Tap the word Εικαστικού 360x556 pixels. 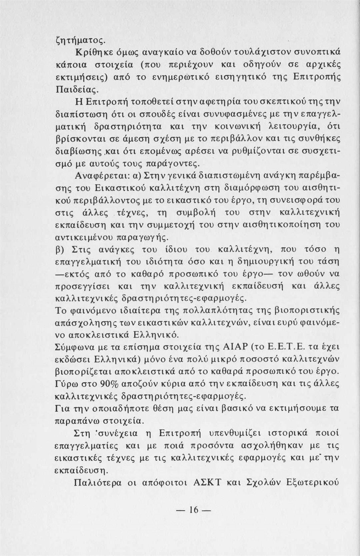(x=119, y=188)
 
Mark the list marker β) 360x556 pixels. (x=60, y=249)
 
